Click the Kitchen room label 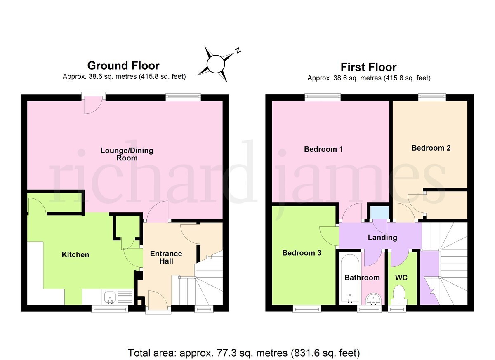[75, 255]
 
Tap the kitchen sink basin [110, 297]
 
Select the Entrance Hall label [166, 257]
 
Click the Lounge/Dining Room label [127, 154]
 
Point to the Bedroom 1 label [323, 149]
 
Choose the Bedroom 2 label [431, 148]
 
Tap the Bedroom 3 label [302, 253]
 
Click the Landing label [382, 238]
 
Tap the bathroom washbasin [373, 299]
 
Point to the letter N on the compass [238, 51]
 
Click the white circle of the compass [216, 64]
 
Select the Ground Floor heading [123, 66]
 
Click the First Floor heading [369, 67]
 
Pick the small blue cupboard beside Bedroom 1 [379, 212]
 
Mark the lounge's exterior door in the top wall [94, 105]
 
